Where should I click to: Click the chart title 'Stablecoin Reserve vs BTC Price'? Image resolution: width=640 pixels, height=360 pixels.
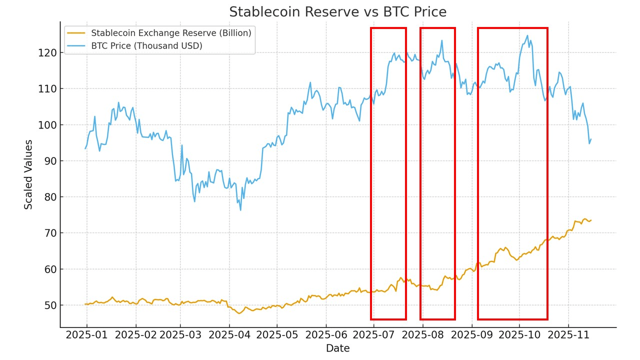[338, 12]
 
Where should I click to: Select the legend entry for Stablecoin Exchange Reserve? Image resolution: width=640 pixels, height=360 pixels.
[171, 33]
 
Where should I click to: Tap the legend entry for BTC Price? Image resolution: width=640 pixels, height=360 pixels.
[146, 46]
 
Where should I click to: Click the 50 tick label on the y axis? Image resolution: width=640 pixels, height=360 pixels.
[51, 305]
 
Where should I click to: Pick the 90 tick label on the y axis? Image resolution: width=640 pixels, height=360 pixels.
[51, 161]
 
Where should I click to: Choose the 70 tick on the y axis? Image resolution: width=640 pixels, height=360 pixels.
[51, 233]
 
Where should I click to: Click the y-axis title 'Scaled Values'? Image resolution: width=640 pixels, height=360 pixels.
[29, 174]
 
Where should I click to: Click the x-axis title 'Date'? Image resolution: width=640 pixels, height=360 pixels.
[338, 348]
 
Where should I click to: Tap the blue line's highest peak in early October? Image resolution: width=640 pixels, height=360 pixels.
[527, 35]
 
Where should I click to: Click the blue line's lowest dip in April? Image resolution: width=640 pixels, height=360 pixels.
[240, 210]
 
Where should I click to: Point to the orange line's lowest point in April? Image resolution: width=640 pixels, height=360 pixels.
[239, 313]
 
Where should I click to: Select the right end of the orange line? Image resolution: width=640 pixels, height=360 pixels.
[591, 220]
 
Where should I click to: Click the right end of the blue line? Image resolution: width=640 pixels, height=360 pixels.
[591, 139]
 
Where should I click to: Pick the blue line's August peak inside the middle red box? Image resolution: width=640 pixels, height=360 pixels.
[442, 40]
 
